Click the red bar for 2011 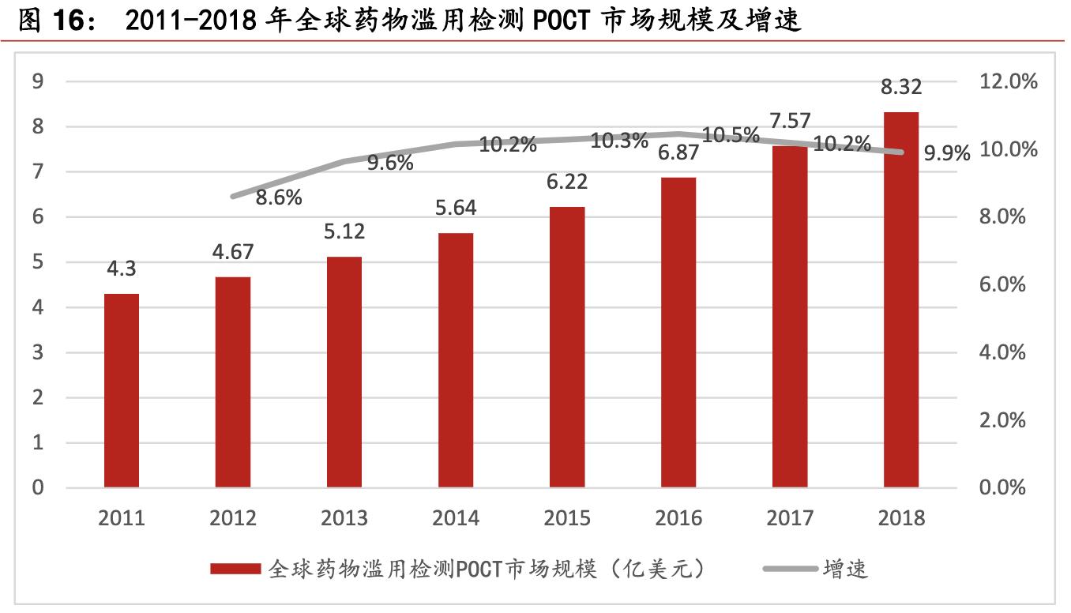(122, 390)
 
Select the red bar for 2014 (456, 360)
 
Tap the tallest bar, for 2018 (901, 299)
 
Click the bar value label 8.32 (901, 87)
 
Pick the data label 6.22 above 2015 (567, 182)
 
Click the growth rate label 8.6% (279, 197)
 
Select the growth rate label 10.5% (731, 135)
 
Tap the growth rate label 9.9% (946, 154)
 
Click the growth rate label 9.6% (390, 163)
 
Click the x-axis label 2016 (678, 518)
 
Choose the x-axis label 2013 (344, 518)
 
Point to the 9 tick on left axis (37, 81)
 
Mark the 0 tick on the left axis (37, 487)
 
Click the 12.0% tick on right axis (1008, 81)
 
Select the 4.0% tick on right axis (1003, 352)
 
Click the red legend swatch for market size (235, 569)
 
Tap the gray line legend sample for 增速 (791, 569)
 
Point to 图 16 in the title (51, 21)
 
